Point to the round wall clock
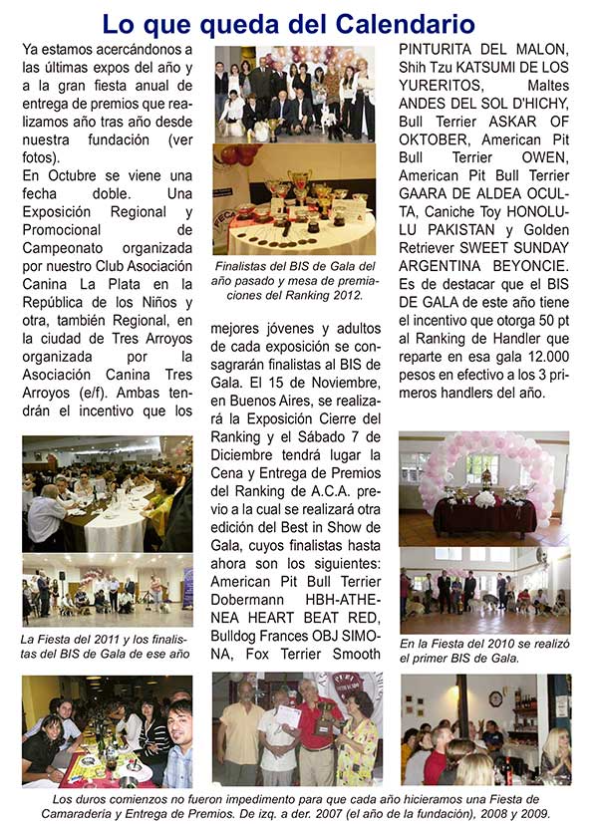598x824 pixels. point(495,698)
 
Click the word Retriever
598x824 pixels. point(433,245)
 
